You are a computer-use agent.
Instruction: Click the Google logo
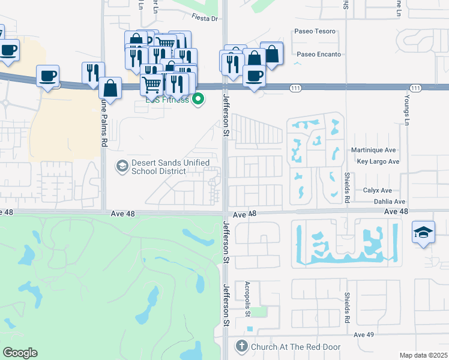pos(20,353)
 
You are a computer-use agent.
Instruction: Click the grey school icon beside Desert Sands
pos(122,166)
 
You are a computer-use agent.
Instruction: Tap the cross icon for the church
pos(241,346)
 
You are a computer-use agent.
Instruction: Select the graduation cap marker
pos(423,232)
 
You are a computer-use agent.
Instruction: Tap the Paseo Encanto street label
pos(319,55)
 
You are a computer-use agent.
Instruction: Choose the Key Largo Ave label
pos(378,162)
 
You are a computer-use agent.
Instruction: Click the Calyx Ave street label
pos(378,190)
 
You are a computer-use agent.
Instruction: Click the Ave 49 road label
pos(364,334)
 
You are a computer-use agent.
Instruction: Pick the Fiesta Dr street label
pos(204,19)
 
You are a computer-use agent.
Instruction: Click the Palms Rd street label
pos(104,124)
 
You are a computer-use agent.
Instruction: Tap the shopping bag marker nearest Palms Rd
pos(110,88)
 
